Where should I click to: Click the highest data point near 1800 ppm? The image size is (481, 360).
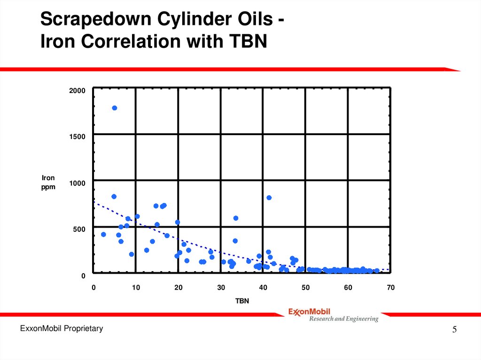click(114, 108)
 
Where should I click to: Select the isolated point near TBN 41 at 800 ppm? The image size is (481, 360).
click(269, 198)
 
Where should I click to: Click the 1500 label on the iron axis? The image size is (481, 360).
click(78, 137)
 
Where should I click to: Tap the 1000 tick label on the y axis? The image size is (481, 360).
click(78, 183)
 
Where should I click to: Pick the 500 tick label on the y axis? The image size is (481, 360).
click(79, 229)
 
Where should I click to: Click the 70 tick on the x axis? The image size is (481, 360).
click(390, 288)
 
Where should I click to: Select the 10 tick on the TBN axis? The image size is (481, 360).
click(136, 288)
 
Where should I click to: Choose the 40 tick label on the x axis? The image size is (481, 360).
click(263, 288)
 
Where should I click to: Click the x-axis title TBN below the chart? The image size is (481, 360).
click(242, 301)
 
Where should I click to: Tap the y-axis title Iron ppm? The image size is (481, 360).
click(48, 182)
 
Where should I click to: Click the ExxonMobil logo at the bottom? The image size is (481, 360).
click(309, 311)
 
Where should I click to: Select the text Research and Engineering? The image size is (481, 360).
click(343, 319)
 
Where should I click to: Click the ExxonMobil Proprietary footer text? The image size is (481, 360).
click(61, 329)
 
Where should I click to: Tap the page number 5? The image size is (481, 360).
click(454, 330)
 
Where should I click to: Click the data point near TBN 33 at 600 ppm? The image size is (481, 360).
click(236, 218)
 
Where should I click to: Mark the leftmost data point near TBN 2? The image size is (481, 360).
click(103, 234)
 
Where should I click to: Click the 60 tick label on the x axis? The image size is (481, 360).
click(348, 288)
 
